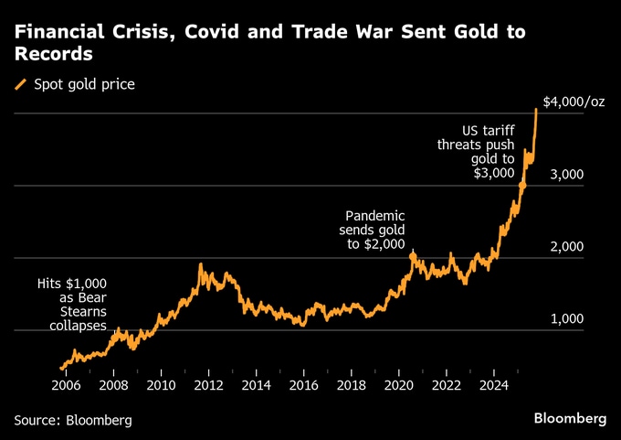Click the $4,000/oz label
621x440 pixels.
coord(574,102)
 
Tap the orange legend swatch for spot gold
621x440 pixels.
coord(21,85)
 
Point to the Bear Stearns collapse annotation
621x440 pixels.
coord(72,305)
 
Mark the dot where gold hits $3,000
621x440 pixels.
coord(522,186)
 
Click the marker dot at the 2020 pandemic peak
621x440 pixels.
coord(412,257)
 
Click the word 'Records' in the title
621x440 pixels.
coord(53,55)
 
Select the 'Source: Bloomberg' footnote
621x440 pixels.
coord(73,420)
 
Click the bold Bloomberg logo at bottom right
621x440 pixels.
coord(570,418)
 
